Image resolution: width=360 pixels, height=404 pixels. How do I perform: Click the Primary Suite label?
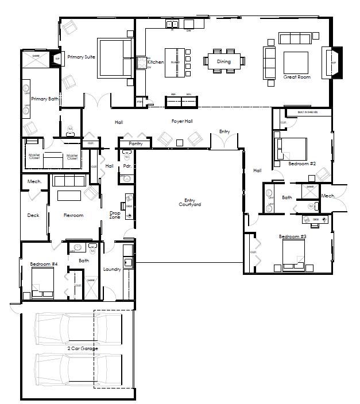[81, 57]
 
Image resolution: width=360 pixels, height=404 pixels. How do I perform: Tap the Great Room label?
[297, 77]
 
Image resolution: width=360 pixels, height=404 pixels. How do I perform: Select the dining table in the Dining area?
[224, 60]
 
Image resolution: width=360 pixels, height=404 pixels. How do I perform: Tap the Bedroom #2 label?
[302, 164]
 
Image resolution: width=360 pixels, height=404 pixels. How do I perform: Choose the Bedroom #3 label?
[293, 236]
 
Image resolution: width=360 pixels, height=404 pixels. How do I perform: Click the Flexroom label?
[73, 215]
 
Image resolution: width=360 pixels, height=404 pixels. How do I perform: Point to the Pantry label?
[136, 143]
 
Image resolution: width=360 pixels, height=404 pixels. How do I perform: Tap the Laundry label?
[111, 269]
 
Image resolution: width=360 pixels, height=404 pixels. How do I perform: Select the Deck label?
[33, 216]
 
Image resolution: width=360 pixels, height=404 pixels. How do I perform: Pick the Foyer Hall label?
[181, 121]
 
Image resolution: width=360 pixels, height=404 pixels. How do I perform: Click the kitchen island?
[176, 62]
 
